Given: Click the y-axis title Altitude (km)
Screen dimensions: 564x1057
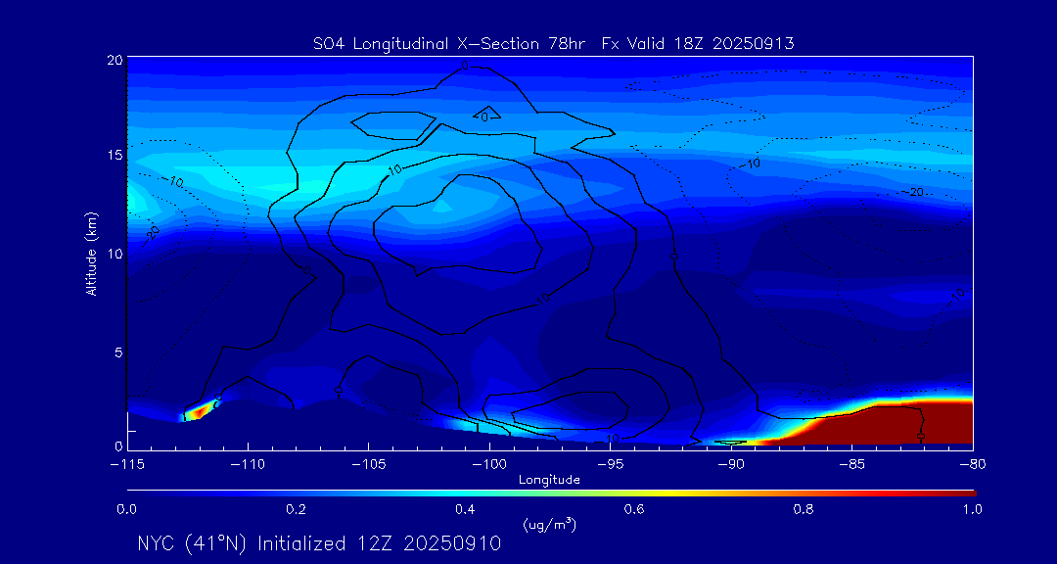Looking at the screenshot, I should [91, 254].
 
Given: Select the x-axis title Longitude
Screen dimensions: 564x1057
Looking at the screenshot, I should [549, 480].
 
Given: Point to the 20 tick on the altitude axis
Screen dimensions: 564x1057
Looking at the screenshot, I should [115, 61].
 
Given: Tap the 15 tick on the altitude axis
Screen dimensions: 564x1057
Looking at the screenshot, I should [115, 157].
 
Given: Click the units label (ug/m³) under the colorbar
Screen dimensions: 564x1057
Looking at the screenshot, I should [549, 525].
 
